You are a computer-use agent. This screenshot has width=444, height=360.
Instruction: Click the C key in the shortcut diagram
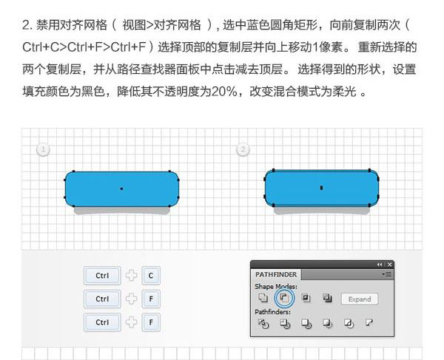point(151,276)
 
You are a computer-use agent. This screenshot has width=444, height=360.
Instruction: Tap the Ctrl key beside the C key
point(102,276)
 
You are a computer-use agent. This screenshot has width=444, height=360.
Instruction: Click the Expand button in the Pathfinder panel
point(360,299)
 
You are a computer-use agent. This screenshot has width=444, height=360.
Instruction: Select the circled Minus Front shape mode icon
point(284,298)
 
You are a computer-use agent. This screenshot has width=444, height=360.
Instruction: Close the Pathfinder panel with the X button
point(390,265)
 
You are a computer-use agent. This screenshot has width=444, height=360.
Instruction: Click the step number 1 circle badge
point(44,149)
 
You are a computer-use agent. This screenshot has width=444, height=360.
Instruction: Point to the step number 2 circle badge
point(243,149)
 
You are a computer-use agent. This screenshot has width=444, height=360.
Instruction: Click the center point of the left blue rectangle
point(122,189)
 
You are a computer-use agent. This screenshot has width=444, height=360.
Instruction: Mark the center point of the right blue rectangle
point(321,188)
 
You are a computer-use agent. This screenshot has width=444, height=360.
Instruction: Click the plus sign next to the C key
point(132,276)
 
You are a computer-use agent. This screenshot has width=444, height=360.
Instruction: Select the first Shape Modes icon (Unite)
point(263,298)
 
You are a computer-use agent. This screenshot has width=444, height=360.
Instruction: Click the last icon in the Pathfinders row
point(369,323)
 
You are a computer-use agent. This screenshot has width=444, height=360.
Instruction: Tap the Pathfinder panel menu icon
point(386,274)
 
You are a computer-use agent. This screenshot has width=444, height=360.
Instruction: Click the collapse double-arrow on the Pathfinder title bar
point(380,265)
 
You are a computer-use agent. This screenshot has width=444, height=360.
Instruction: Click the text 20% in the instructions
point(224,92)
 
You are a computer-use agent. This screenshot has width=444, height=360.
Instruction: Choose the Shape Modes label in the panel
point(276,287)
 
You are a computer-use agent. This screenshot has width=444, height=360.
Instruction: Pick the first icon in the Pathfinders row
point(263,323)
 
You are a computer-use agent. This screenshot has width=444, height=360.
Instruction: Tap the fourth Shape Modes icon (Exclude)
point(327,298)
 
